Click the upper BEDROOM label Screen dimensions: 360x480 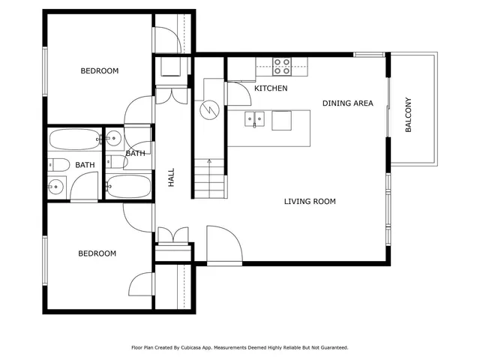coord(100,71)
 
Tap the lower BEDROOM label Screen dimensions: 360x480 coord(97,253)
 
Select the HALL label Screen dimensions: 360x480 coord(171,177)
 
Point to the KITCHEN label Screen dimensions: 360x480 coord(271,88)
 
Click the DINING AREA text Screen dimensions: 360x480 coord(347,103)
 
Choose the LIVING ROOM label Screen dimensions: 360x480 coord(309,201)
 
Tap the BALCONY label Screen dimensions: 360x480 coord(409,115)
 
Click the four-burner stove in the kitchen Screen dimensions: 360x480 coord(282,67)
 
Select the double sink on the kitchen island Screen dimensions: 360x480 coord(255,118)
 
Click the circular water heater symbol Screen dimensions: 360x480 coord(208,111)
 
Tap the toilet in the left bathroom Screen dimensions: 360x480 coord(58,165)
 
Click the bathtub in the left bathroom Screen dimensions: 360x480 coord(73,139)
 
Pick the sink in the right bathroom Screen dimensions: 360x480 coord(114,138)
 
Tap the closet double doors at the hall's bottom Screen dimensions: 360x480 coord(173,235)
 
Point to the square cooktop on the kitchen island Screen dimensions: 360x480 coord(281,120)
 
